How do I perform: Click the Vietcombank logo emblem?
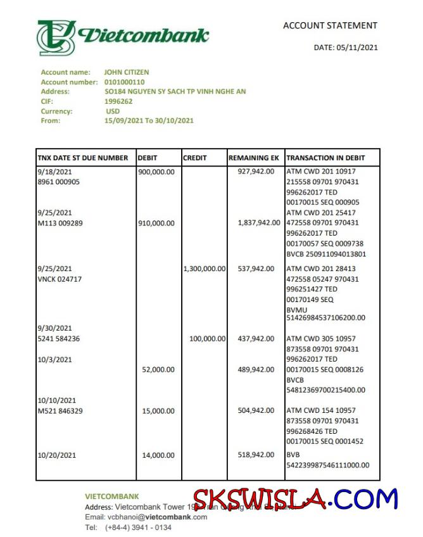[x=56, y=37]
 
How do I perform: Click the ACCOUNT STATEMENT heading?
[x=330, y=26]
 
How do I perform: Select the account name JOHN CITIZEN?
[x=127, y=72]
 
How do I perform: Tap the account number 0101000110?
[x=124, y=82]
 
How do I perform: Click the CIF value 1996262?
[x=118, y=101]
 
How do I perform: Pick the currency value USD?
[x=113, y=111]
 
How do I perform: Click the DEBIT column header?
[x=148, y=158]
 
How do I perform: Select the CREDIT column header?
[x=194, y=158]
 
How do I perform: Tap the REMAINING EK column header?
[x=253, y=158]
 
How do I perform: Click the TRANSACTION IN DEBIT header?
[x=324, y=158]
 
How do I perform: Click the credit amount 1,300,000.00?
[x=204, y=268]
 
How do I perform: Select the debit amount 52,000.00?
[x=160, y=370]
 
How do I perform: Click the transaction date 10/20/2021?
[x=57, y=455]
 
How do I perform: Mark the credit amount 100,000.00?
[x=207, y=339]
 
